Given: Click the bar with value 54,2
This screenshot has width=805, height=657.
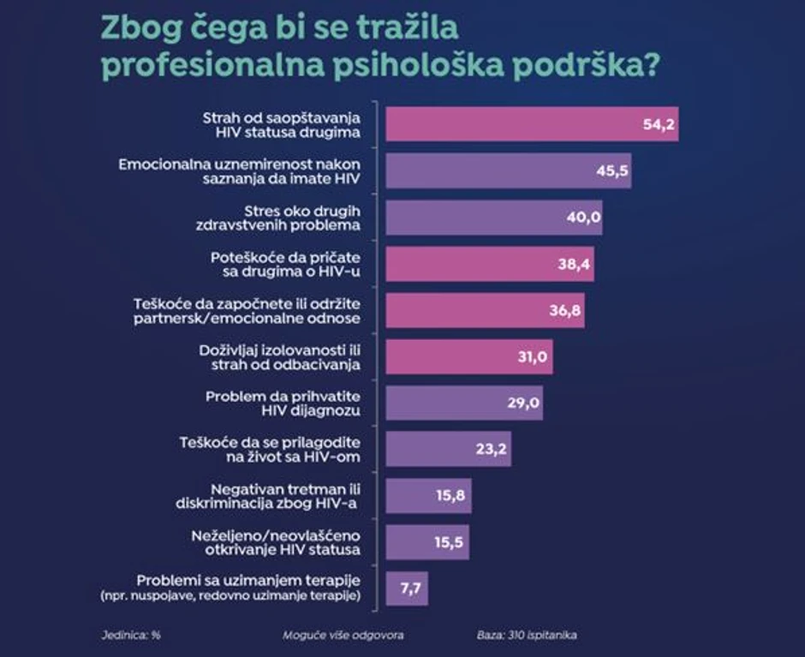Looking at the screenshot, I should coord(531,125).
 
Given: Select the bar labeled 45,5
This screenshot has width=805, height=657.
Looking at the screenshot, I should coord(508,171).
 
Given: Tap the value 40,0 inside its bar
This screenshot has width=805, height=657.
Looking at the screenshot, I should coord(583,218).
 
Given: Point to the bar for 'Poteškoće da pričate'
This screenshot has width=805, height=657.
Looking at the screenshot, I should coord(489,264).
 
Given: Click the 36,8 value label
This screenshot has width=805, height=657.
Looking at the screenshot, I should coord(566,310).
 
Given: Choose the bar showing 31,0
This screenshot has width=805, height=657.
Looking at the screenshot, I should coord(469,356).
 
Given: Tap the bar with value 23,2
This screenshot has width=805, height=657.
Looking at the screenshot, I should coord(448,449).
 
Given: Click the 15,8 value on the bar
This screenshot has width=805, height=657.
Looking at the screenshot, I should coord(450,495).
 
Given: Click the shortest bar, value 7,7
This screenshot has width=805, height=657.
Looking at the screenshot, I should coord(407,588).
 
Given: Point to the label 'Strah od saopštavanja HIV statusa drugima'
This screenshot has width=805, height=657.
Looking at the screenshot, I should coord(283,125).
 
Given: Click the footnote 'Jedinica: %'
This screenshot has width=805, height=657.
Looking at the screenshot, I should coord(125,636).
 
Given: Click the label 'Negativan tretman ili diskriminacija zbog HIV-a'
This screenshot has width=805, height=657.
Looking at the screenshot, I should coord(282,496).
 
